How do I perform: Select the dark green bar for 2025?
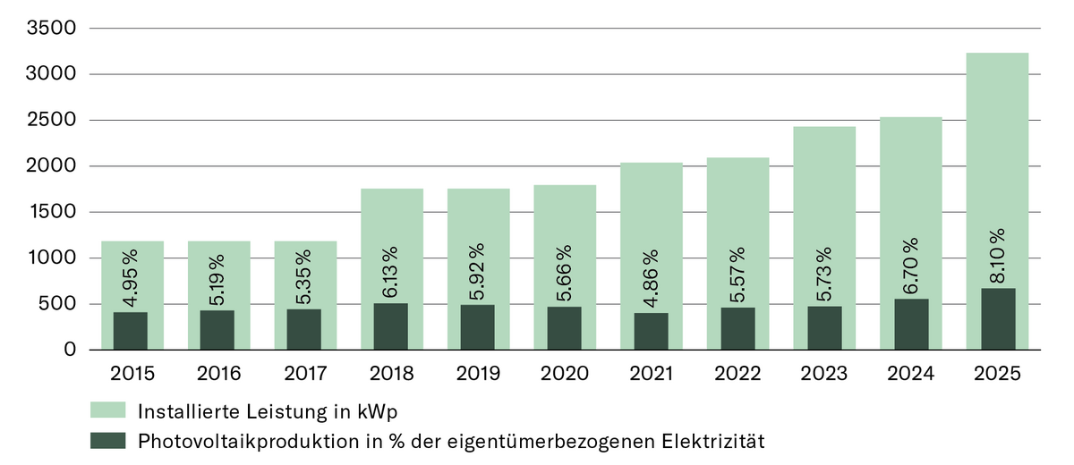[x=997, y=318]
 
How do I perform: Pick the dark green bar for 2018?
[x=390, y=326]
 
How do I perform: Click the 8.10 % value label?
[x=997, y=256]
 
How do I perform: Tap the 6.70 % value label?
[x=910, y=266]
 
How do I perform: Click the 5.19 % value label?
[x=217, y=277]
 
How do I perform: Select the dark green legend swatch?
[x=107, y=440]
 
